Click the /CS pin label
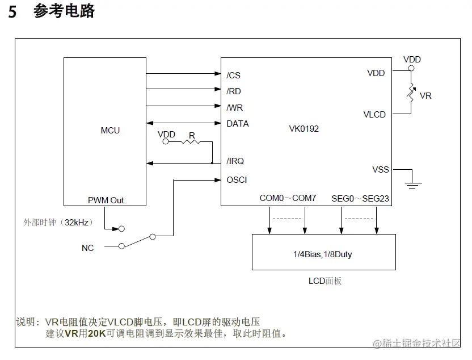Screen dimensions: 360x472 233,76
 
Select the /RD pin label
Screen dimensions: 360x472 233,91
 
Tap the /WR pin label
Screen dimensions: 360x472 234,107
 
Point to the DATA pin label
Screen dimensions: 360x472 237,123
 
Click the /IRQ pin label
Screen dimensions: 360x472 235,161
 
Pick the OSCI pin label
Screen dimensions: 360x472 237,179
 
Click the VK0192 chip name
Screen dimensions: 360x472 304,129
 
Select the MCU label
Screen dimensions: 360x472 110,131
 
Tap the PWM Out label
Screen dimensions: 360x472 106,200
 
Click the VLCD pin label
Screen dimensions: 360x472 374,114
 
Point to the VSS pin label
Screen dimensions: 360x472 380,169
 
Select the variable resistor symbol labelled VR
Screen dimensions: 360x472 411,93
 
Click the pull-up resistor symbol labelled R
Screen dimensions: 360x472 192,141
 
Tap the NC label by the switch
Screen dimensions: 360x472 87,248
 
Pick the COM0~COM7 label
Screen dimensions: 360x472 288,198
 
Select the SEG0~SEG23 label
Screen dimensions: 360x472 360,198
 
